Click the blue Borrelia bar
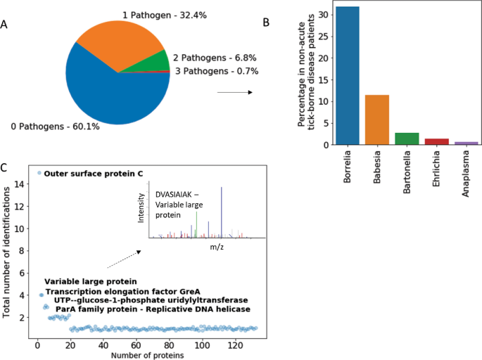(348, 76)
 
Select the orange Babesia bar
(377, 120)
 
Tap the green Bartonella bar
(407, 139)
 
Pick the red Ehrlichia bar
(436, 141)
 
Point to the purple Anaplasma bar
(466, 143)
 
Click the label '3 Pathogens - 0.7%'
(216, 71)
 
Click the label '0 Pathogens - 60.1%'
(54, 127)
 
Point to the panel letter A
(6, 26)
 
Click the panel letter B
(266, 23)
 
